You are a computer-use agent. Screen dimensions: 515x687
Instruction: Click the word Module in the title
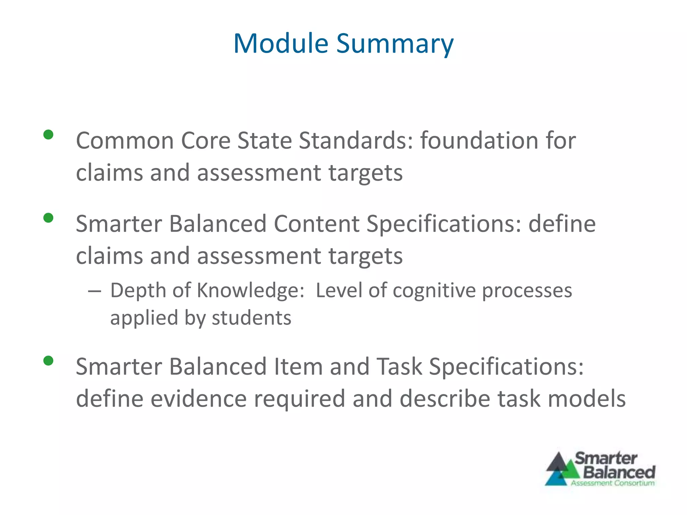pos(280,44)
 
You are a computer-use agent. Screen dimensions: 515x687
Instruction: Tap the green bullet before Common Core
pos(49,135)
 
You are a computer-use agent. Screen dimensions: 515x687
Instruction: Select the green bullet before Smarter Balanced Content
pos(49,218)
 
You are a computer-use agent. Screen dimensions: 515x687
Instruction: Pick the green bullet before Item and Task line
pos(49,361)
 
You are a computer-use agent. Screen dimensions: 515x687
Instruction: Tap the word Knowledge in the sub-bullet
pos(250,290)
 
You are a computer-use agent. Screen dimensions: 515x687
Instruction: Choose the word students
pos(252,318)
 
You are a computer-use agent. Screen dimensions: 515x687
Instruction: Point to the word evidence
pos(198,399)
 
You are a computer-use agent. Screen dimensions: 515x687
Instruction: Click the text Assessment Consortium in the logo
pos(613,483)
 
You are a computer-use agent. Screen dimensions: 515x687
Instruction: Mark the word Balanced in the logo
pos(619,472)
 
